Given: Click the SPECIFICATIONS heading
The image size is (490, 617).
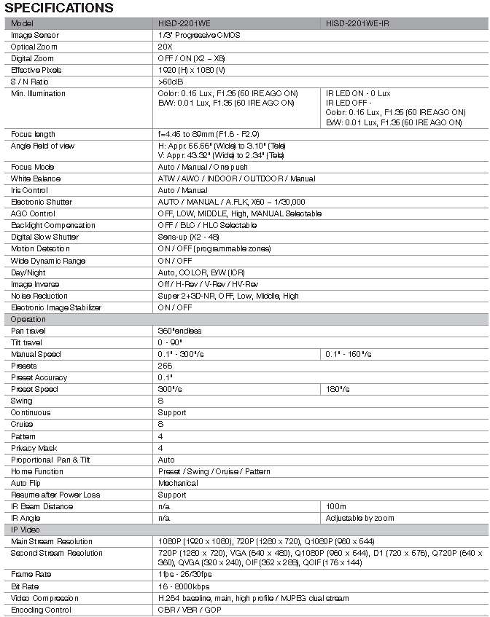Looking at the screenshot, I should tap(58, 8).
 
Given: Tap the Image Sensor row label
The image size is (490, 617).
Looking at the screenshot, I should tap(35, 35).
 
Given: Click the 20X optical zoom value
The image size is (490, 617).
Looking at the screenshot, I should tap(164, 47).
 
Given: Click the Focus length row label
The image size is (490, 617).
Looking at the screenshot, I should tap(33, 134).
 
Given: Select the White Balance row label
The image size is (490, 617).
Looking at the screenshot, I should tap(35, 178).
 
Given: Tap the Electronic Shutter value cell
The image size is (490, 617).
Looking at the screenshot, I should tap(231, 202).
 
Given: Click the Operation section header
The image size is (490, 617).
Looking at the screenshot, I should tap(28, 319).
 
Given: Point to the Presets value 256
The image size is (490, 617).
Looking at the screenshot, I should tap(165, 366).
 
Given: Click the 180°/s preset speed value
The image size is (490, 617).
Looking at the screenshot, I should tap(338, 389).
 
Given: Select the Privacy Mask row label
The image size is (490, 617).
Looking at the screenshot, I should tap(34, 448).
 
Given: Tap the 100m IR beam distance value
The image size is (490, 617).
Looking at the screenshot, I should tap(336, 506).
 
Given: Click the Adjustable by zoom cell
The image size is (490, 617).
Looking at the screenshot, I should tap(359, 518).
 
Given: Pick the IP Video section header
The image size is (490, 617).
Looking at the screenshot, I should tap(27, 530).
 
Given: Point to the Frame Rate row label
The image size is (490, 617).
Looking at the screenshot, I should tap(31, 574).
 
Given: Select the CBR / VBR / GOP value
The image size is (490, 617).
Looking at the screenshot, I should tap(189, 610).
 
